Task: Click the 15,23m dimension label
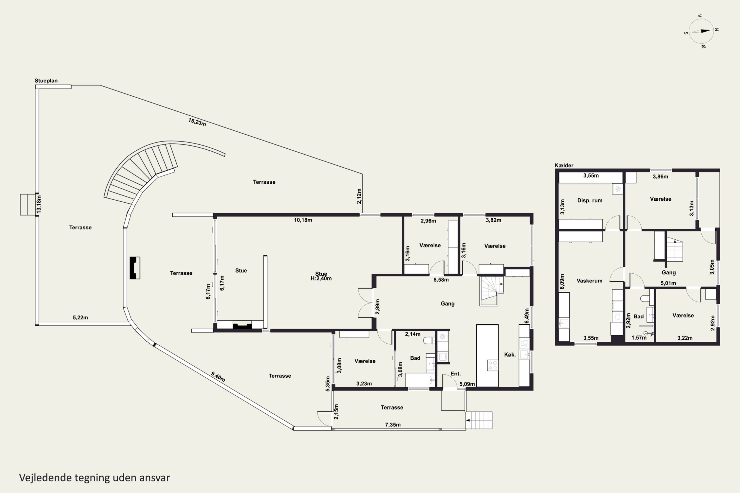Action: point(197,122)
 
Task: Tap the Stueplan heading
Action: point(46,81)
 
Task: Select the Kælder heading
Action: point(564,165)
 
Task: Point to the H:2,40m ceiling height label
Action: point(321,279)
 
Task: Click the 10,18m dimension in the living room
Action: point(303,220)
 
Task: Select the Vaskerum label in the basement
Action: point(589,281)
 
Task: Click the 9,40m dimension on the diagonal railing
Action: point(218,377)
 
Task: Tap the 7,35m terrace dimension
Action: point(393,425)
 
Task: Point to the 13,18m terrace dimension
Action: point(39,204)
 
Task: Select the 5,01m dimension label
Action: point(668,283)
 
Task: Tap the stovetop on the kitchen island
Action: point(492,365)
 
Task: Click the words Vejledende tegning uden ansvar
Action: point(94,478)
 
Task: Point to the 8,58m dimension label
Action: point(441,280)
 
